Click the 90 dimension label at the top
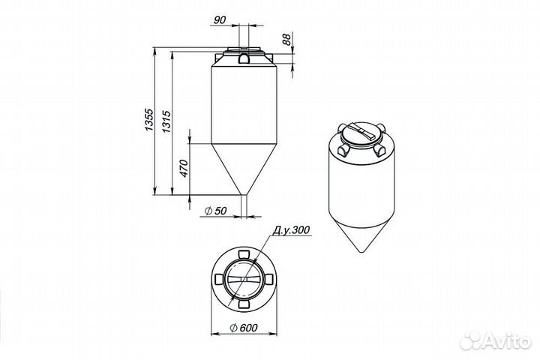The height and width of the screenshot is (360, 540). (220, 20)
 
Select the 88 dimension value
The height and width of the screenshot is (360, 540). (286, 39)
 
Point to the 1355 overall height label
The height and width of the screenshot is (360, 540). (148, 119)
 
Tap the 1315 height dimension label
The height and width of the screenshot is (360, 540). (166, 121)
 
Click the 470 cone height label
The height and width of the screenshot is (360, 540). (184, 169)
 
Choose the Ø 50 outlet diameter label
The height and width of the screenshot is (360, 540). (215, 211)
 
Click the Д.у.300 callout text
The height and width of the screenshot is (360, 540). (291, 229)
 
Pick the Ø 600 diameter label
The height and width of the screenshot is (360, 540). (244, 328)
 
